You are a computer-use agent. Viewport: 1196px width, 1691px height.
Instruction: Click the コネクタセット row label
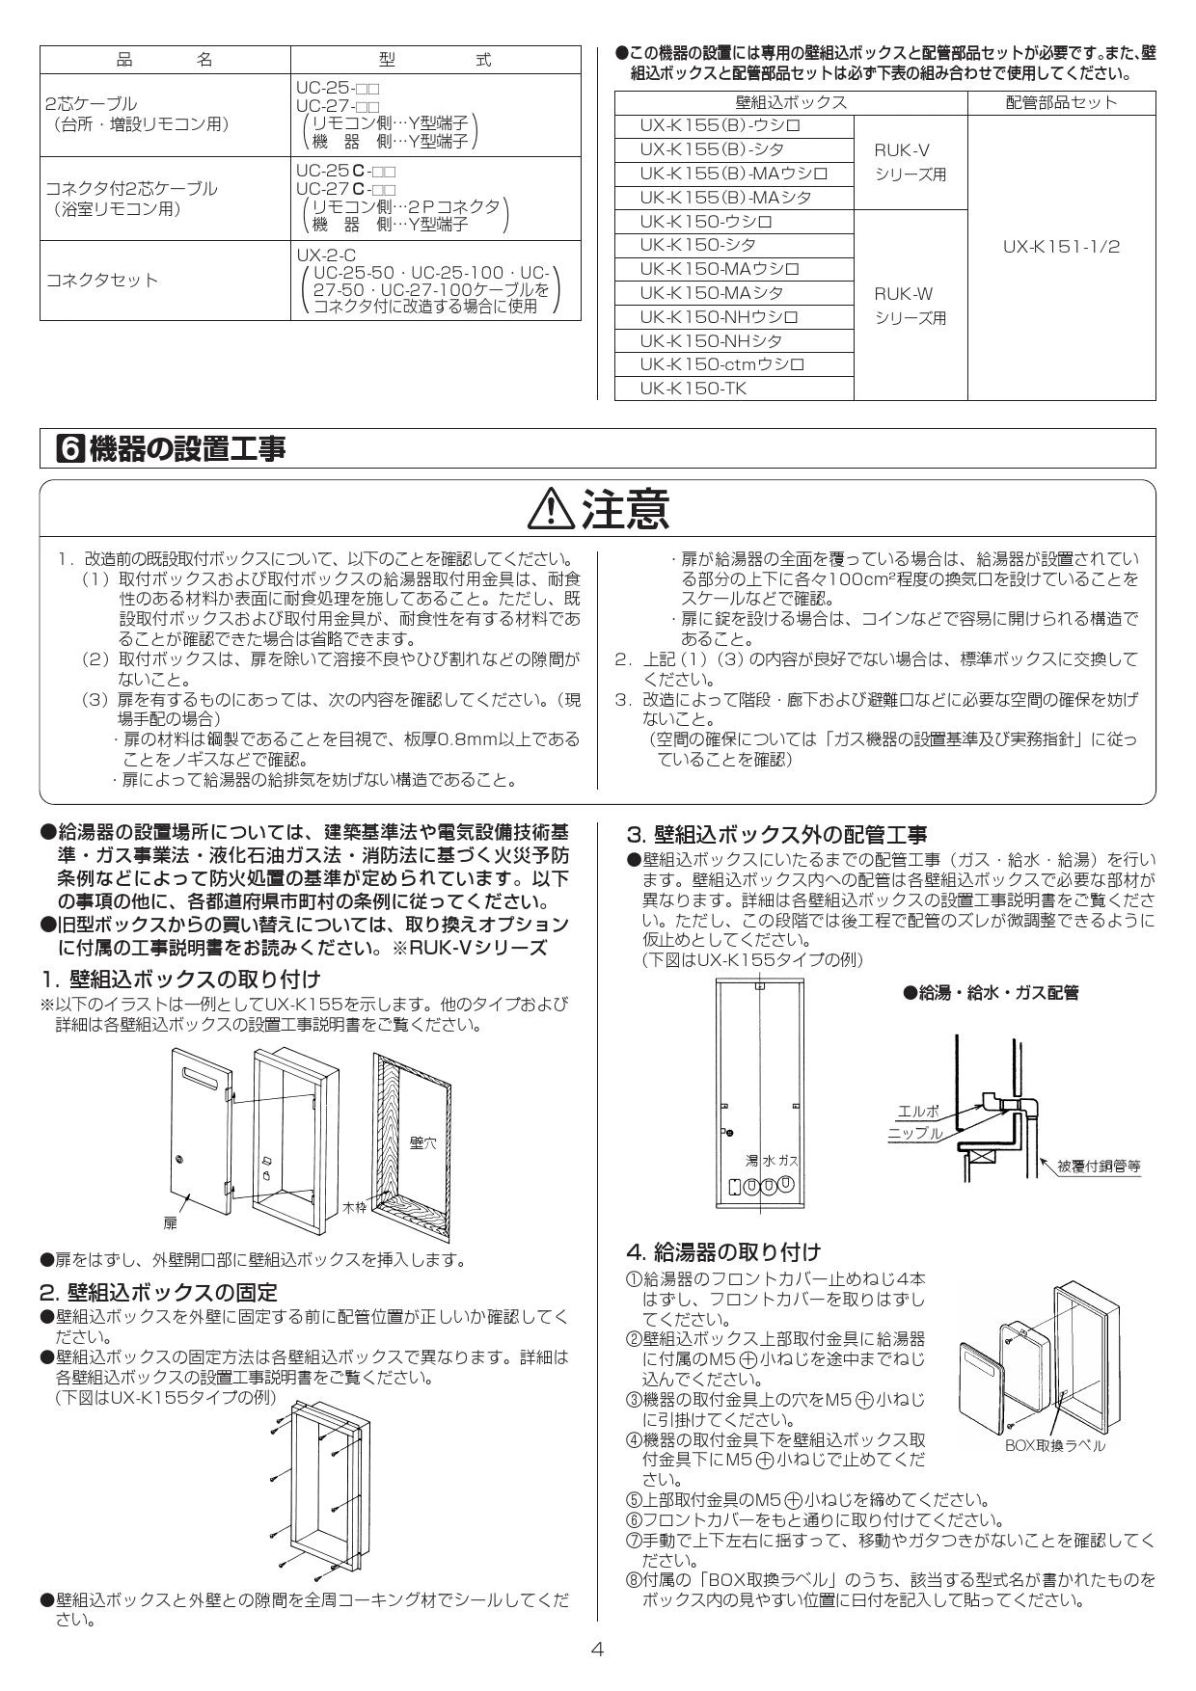tap(101, 281)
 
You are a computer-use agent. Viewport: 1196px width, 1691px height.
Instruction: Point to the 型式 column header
tap(435, 60)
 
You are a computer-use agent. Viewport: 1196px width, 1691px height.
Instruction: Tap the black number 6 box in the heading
tap(69, 448)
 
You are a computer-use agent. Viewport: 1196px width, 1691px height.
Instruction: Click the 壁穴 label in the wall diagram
tap(422, 1142)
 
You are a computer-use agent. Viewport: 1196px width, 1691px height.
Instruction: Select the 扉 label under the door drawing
tap(170, 1223)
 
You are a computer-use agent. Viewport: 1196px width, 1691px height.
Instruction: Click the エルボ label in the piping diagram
tap(917, 1111)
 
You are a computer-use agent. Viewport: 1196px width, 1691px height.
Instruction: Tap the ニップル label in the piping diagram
tap(915, 1134)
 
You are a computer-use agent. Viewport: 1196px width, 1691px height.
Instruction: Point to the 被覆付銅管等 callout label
tap(1099, 1166)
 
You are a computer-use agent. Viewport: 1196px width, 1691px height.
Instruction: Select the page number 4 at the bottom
tap(597, 1649)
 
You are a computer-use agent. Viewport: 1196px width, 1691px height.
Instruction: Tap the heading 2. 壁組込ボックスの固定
tap(158, 1292)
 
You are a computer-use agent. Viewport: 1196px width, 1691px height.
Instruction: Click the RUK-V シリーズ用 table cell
tap(911, 162)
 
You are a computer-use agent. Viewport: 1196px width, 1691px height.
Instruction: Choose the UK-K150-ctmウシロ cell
tap(721, 364)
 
